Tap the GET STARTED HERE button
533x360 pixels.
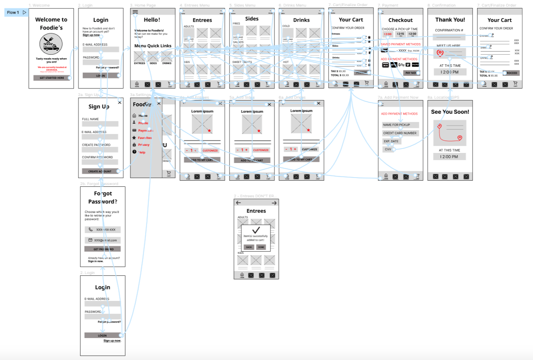click(52, 78)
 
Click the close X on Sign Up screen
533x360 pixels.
click(120, 102)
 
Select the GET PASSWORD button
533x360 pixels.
click(103, 249)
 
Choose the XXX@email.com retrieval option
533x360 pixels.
click(103, 240)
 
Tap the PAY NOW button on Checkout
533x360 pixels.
click(411, 73)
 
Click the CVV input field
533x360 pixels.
click(388, 149)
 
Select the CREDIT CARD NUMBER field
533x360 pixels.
click(400, 133)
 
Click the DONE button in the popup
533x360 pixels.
click(261, 247)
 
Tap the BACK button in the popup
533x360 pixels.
click(249, 247)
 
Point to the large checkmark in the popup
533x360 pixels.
click(256, 230)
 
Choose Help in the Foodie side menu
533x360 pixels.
click(142, 152)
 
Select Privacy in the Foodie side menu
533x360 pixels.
click(144, 145)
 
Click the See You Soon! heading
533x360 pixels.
click(450, 112)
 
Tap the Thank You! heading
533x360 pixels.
click(450, 20)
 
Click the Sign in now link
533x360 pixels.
click(96, 261)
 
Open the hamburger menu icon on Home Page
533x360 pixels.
click(135, 12)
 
